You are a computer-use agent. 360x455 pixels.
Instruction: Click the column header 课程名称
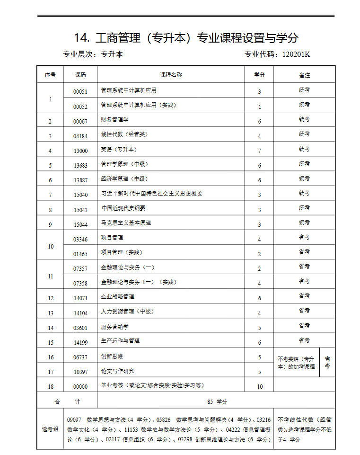point(171,75)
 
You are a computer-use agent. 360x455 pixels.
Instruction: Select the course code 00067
point(80,122)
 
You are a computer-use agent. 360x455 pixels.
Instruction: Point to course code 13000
point(80,151)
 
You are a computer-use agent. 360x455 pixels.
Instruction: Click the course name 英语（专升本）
point(119,149)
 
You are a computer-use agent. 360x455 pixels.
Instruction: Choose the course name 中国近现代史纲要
point(123,208)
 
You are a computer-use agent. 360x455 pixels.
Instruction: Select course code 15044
point(80,224)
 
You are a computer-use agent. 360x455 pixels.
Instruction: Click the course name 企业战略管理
point(117,296)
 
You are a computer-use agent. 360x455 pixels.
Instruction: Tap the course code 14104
point(80,313)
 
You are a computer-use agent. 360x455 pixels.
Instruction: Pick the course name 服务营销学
point(114,326)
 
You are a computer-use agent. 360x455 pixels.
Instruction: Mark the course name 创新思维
point(112,356)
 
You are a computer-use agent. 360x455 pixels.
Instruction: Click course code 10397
point(80,372)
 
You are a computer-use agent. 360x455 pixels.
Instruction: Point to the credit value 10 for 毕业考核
point(259,387)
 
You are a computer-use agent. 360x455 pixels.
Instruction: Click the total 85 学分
point(217,401)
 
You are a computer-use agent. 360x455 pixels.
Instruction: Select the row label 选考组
point(50,429)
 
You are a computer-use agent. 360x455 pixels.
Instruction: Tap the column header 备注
point(304,75)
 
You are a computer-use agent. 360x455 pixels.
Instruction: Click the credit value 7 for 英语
point(259,151)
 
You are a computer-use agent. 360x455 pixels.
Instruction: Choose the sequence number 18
point(51,387)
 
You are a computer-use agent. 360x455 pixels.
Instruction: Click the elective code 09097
point(75,420)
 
